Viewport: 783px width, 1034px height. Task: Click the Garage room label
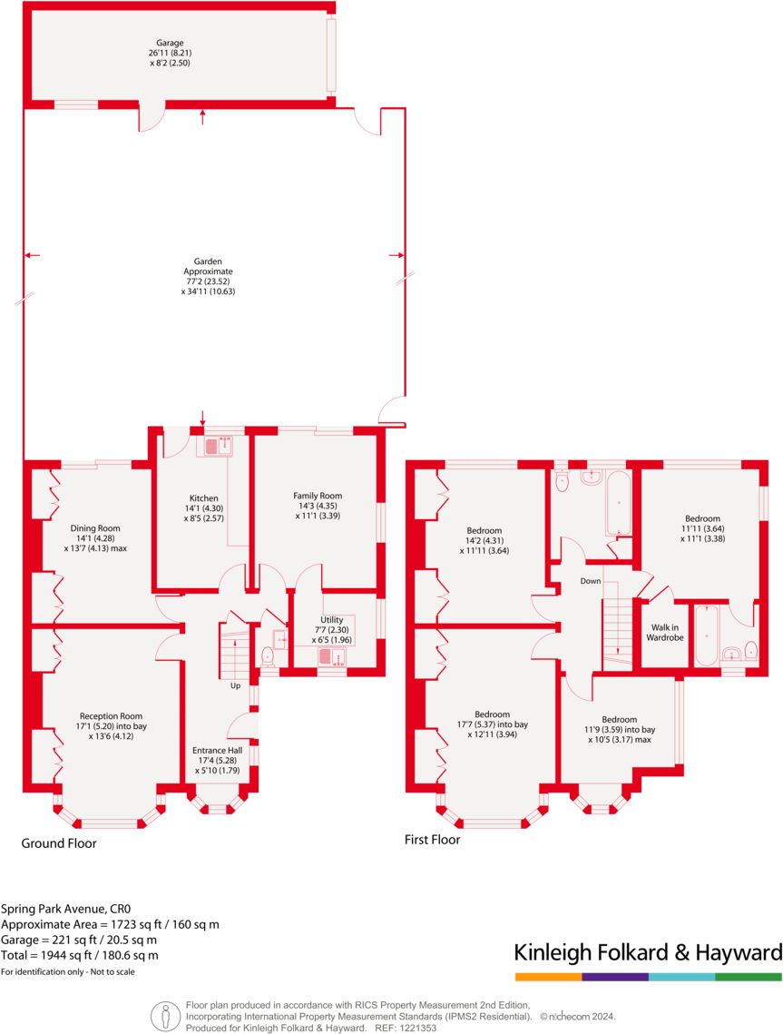pyautogui.click(x=170, y=42)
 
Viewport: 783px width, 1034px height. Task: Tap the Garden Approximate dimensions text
pyautogui.click(x=209, y=281)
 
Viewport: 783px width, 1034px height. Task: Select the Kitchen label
pyautogui.click(x=203, y=498)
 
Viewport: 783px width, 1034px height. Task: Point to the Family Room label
pyautogui.click(x=318, y=496)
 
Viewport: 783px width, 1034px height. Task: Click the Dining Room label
pyautogui.click(x=95, y=527)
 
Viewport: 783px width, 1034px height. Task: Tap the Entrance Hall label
pyautogui.click(x=217, y=751)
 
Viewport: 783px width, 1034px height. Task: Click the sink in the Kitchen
pyautogui.click(x=218, y=446)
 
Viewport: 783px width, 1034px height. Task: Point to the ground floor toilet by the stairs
pyautogui.click(x=268, y=655)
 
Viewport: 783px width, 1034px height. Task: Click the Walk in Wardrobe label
pyautogui.click(x=664, y=632)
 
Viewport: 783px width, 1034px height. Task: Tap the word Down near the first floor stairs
pyautogui.click(x=591, y=581)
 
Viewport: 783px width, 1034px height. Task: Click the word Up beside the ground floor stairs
pyautogui.click(x=235, y=685)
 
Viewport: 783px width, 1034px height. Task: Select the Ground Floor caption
pyautogui.click(x=59, y=843)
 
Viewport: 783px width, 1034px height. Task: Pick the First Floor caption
pyautogui.click(x=432, y=840)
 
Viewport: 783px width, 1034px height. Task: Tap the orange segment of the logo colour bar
pyautogui.click(x=548, y=977)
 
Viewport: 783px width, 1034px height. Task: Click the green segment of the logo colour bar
pyautogui.click(x=749, y=977)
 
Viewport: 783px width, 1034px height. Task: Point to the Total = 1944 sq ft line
pyautogui.click(x=80, y=955)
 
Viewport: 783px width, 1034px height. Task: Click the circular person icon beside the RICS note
pyautogui.click(x=165, y=1014)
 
